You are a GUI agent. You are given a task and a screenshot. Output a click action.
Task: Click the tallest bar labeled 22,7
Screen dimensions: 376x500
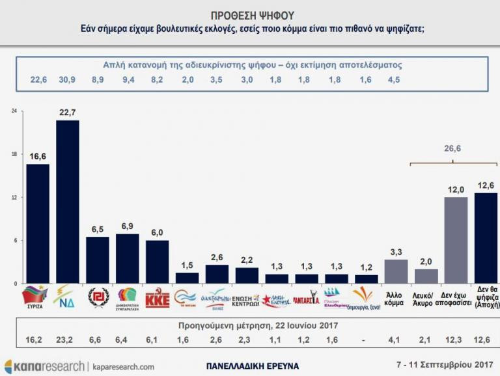68,201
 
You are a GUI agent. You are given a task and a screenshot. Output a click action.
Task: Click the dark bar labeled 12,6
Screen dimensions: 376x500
486,237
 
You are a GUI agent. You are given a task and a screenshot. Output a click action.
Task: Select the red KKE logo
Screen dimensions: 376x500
157,297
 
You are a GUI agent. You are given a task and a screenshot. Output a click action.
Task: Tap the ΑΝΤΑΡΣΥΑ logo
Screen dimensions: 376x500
307,299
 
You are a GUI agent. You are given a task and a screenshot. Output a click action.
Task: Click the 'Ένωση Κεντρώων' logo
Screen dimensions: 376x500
246,299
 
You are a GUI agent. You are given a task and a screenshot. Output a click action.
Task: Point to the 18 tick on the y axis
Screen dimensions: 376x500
14,155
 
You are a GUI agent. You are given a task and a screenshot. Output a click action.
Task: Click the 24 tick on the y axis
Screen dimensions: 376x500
14,111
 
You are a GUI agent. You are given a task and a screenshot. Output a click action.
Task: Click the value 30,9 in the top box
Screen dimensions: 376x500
67,80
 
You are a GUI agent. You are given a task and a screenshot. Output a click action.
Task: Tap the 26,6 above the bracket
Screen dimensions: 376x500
452,149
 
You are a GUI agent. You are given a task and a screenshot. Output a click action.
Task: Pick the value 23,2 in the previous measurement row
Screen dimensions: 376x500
67,338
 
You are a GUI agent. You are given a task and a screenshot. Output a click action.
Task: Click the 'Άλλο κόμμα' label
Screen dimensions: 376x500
397,298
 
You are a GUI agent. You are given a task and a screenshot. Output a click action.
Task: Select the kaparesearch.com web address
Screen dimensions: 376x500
123,367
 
